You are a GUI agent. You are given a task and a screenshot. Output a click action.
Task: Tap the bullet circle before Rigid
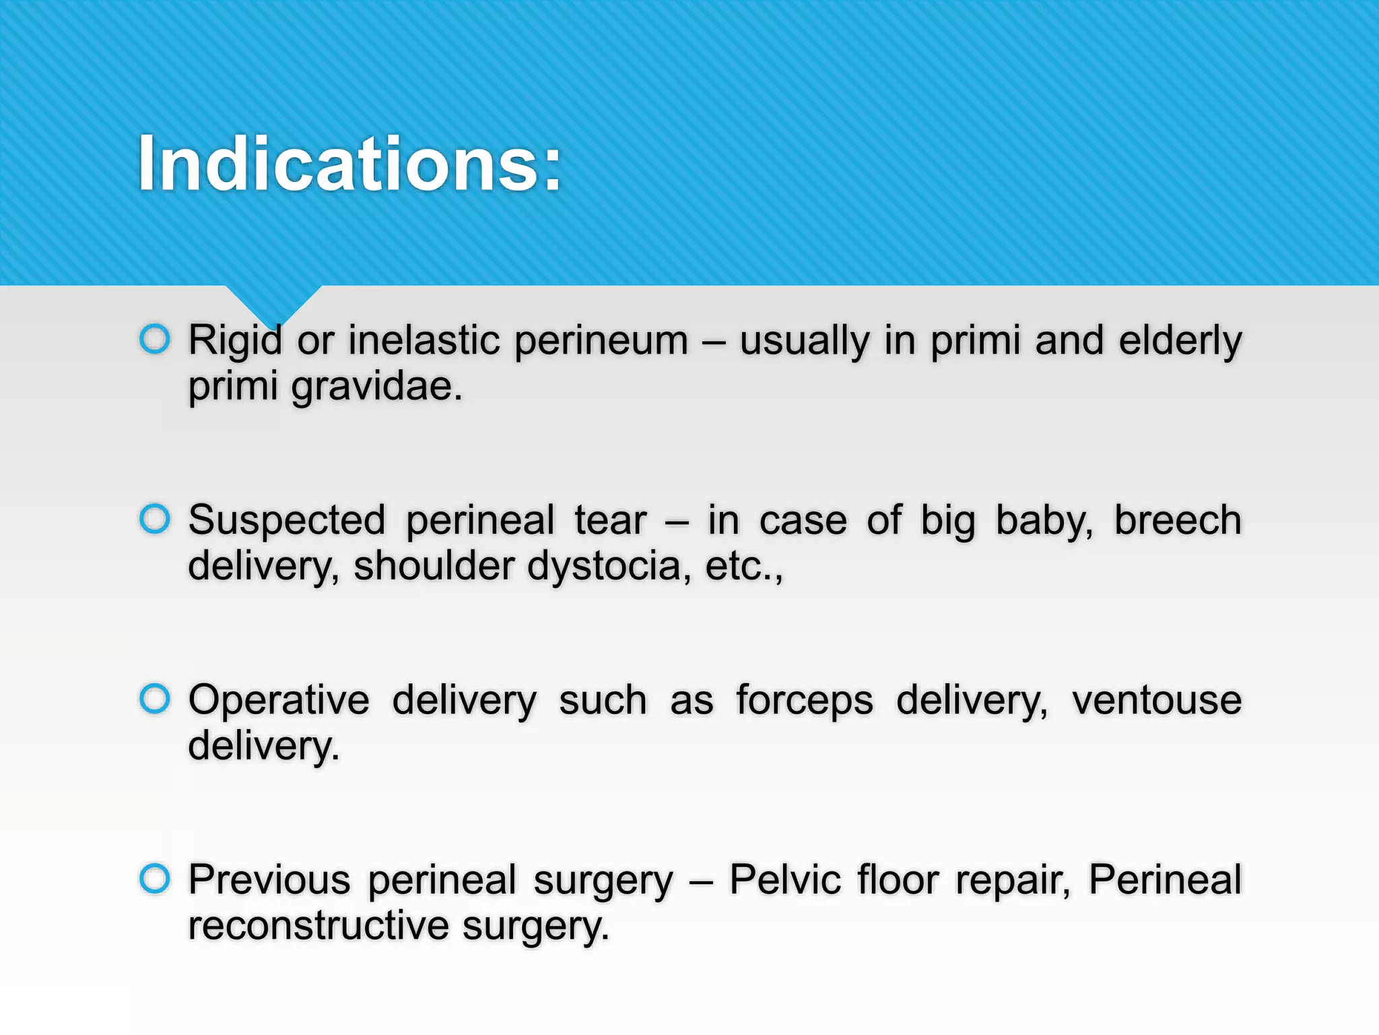coord(155,339)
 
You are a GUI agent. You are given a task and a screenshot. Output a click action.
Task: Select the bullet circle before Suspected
coord(155,519)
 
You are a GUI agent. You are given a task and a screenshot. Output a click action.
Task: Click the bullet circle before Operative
coord(155,699)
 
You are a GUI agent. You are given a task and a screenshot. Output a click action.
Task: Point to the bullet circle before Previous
coord(155,879)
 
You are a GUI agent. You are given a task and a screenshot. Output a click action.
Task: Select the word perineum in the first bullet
coord(601,341)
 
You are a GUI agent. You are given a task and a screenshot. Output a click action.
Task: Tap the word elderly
coord(1180,341)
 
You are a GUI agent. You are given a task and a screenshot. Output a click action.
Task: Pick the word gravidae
coord(377,387)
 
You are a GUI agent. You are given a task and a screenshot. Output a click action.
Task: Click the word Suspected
coord(287,521)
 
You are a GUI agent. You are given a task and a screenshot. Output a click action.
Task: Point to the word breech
coord(1178,520)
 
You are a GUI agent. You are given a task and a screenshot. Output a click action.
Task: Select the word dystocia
coord(609,567)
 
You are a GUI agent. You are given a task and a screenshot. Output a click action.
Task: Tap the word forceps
coord(804,701)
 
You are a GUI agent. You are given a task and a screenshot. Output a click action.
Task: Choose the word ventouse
coord(1157,700)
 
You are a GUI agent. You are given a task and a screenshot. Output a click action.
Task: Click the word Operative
coord(279,701)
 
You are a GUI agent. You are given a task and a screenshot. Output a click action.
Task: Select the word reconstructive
coord(318,926)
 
